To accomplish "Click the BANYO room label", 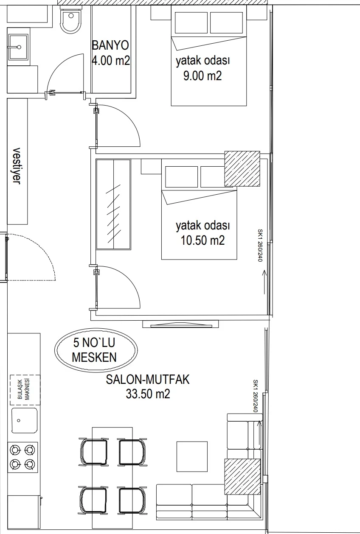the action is point(110,45).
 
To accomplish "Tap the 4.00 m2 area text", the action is point(111,61).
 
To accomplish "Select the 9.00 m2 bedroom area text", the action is point(202,76).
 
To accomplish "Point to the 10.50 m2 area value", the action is point(202,240).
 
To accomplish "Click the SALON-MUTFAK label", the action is point(148,379).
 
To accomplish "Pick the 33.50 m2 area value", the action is point(148,394).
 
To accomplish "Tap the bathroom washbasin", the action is point(18,47).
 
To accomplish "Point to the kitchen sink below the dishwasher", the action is point(25,420).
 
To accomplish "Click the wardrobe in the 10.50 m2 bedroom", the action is point(113,204).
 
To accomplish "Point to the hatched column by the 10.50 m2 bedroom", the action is point(242,168).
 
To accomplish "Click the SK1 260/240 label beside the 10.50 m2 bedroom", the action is point(260,245).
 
